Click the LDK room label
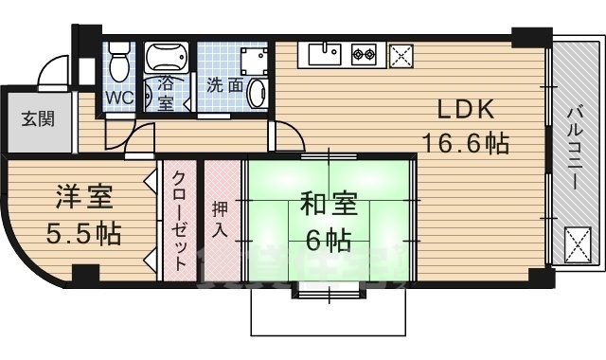(x=462, y=107)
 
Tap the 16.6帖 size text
(x=465, y=144)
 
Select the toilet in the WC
(x=118, y=63)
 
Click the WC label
(x=118, y=98)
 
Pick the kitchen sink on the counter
(x=322, y=55)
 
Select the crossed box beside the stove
(x=401, y=56)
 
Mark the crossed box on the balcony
(x=578, y=247)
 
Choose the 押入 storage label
(x=221, y=221)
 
